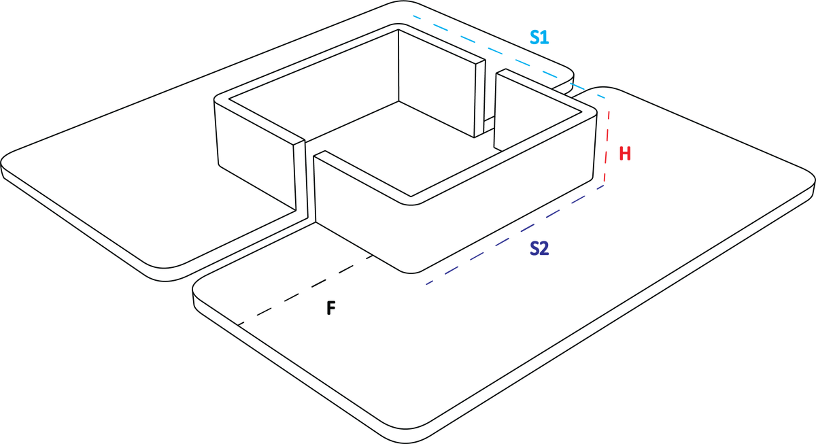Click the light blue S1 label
pos(539,37)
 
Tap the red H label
pos(624,153)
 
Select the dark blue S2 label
pos(539,249)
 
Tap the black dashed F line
pos(306,288)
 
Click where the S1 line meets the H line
pos(605,99)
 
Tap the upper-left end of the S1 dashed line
pos(413,16)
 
